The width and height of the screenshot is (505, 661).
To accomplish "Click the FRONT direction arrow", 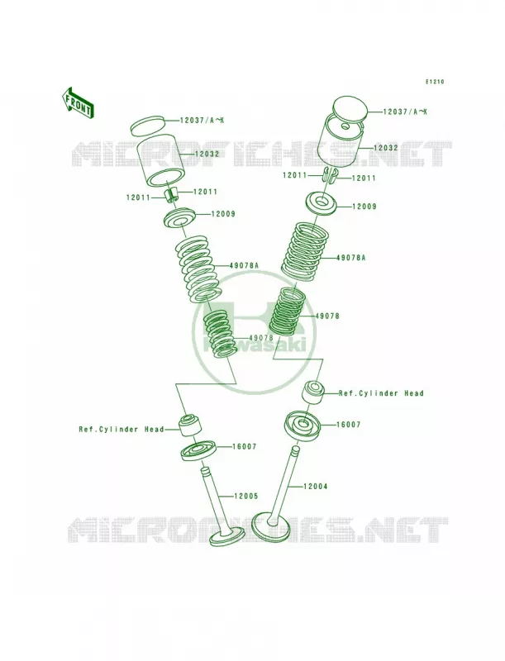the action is point(78,102).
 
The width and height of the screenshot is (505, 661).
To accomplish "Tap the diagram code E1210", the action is point(434,82).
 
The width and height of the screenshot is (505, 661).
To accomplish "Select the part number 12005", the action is point(245,497).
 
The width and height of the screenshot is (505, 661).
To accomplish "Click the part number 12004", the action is point(315,487).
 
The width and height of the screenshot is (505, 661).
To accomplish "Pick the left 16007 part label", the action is point(244,447).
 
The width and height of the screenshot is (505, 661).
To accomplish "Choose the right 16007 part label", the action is point(348,425).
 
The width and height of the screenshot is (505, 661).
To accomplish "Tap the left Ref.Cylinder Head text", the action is point(121,430).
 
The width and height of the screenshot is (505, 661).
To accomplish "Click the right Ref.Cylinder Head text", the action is point(381,393).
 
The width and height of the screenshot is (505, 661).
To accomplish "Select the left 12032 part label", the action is point(207,155).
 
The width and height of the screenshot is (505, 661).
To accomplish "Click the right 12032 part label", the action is point(385,148).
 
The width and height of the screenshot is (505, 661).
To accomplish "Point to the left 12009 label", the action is point(223,214).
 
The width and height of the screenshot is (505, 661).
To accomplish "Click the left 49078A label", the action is point(244,265).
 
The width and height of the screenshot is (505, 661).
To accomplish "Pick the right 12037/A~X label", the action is point(405,112).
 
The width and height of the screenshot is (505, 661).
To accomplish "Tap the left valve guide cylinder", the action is point(190,425).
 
